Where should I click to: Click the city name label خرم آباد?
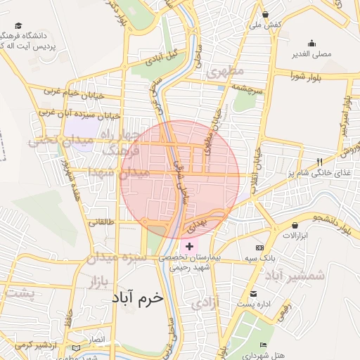(136, 297)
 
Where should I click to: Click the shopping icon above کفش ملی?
(265, 14)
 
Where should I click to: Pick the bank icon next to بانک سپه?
(259, 248)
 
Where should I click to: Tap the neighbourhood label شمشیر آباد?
(295, 275)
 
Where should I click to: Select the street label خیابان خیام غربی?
(74, 93)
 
